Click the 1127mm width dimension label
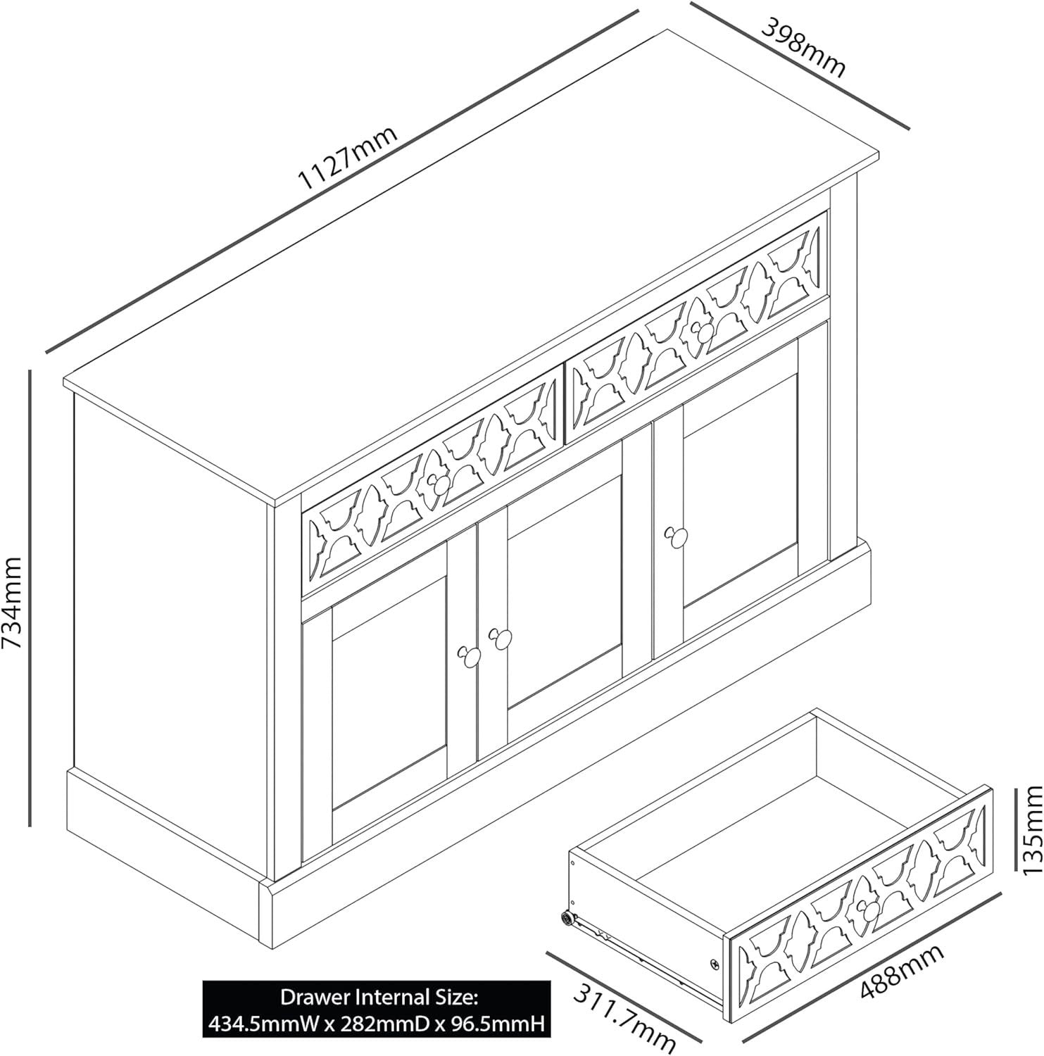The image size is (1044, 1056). tap(348, 159)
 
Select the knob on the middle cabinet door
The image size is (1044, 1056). tap(500, 638)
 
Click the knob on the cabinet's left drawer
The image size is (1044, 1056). tap(436, 483)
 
